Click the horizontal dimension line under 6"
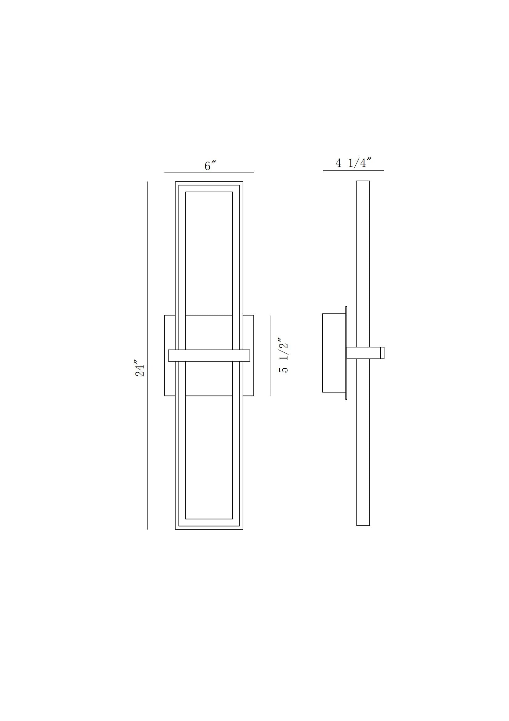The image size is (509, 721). pyautogui.click(x=209, y=172)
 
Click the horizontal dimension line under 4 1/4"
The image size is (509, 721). pyautogui.click(x=353, y=170)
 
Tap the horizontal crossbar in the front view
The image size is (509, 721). pyautogui.click(x=209, y=355)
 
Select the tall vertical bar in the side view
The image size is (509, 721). pyautogui.click(x=363, y=267)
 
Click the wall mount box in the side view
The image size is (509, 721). pyautogui.click(x=334, y=353)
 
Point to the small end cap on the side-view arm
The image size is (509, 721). pyautogui.click(x=382, y=353)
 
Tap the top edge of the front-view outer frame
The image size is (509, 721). pyautogui.click(x=209, y=182)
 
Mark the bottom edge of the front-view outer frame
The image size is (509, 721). pyautogui.click(x=209, y=529)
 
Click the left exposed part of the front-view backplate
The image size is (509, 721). pyautogui.click(x=170, y=333)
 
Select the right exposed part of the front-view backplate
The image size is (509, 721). pyautogui.click(x=248, y=333)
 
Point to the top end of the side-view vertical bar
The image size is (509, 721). pyautogui.click(x=363, y=182)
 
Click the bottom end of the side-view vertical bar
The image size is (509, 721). pyautogui.click(x=363, y=525)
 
